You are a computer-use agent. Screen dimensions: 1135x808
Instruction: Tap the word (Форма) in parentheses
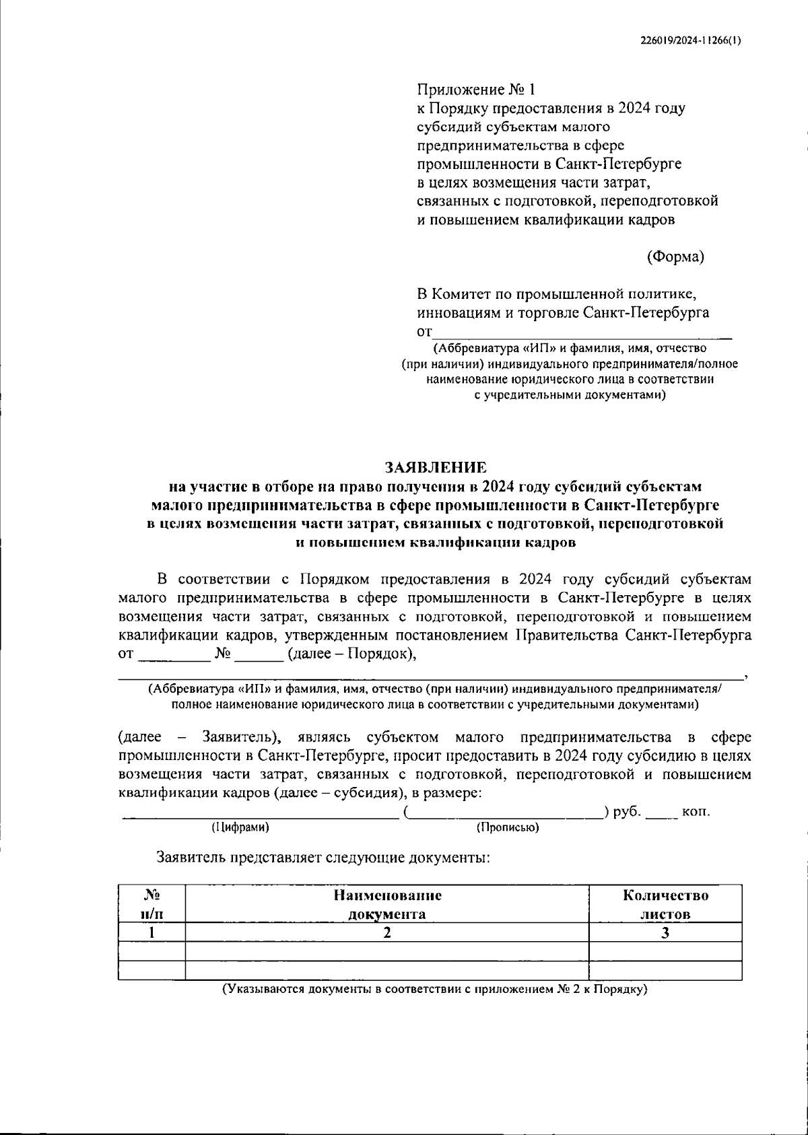[x=675, y=256]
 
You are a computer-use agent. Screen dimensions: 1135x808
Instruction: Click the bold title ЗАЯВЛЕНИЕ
[x=434, y=467]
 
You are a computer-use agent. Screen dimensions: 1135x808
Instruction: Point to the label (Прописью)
[x=507, y=827]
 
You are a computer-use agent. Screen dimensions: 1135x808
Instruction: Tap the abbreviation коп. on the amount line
[x=696, y=811]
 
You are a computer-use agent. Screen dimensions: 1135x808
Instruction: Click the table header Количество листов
[x=665, y=905]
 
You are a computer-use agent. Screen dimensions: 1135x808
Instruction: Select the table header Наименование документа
[x=386, y=905]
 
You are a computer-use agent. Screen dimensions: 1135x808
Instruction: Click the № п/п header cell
[x=151, y=905]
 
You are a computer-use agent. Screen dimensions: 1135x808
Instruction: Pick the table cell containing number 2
[x=386, y=932]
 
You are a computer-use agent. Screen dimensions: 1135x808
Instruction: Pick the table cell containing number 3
[x=665, y=932]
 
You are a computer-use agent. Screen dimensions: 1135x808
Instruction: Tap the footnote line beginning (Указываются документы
[x=434, y=990]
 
